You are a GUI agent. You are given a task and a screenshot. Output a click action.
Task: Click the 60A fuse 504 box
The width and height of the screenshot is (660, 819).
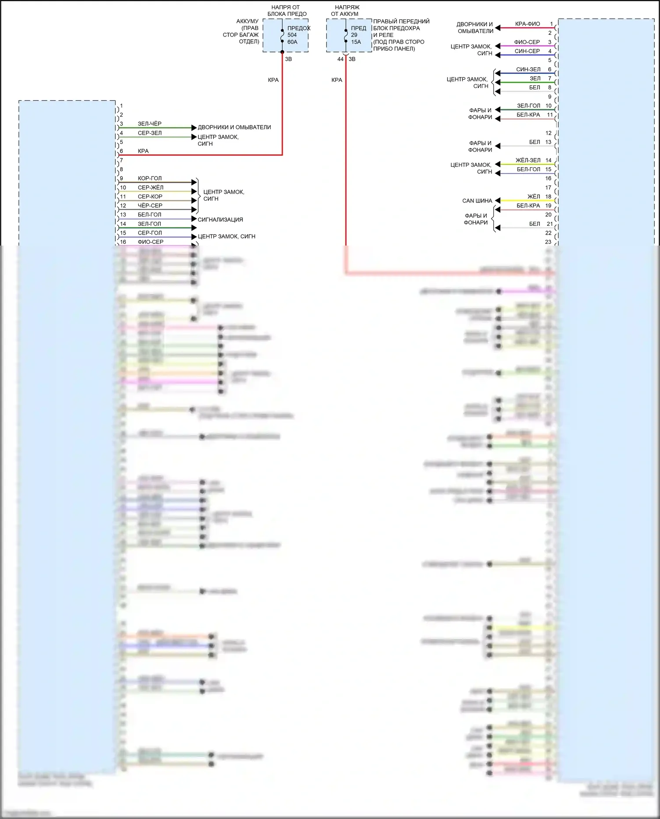(x=286, y=35)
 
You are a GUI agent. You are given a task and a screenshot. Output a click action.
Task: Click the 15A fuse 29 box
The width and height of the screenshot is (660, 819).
(x=349, y=35)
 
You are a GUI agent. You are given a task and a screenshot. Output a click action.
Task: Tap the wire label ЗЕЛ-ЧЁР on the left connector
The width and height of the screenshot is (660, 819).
(x=150, y=124)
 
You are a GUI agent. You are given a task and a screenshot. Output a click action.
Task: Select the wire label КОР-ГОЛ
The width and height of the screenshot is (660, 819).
(x=150, y=178)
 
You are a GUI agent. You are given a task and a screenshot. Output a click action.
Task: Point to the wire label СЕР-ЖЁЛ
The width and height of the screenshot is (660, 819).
(x=150, y=187)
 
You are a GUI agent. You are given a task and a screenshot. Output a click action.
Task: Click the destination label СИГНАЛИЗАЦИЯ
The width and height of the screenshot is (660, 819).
(x=220, y=220)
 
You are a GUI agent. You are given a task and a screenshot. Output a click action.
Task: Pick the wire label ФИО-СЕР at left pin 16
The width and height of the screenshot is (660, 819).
(x=150, y=242)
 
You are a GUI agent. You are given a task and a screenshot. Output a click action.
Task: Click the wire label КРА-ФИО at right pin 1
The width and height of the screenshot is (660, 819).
(x=527, y=24)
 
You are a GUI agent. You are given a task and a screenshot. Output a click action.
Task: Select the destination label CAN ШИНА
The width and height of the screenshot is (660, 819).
(x=477, y=201)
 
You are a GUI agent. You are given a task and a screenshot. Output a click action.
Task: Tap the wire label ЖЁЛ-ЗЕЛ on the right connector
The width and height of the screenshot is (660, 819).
(x=528, y=160)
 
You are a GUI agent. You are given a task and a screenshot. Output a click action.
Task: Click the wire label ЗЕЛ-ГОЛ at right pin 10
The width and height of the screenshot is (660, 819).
(x=528, y=106)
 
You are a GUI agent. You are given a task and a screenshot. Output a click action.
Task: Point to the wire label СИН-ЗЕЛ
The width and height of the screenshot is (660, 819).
(x=528, y=70)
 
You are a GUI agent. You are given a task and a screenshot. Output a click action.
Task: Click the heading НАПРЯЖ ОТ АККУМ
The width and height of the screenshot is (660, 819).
(x=347, y=11)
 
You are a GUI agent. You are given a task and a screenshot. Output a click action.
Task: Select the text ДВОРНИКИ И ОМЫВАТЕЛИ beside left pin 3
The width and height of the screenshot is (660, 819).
(x=234, y=127)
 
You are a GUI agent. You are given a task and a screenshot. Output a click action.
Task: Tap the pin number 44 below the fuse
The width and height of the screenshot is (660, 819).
(x=340, y=59)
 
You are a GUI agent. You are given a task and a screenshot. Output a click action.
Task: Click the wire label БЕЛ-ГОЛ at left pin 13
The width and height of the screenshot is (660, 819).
(x=150, y=215)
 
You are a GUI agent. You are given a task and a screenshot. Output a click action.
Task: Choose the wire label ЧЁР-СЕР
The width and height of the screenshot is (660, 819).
(x=150, y=206)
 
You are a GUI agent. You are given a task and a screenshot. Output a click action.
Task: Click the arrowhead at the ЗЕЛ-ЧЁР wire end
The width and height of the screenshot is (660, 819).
(x=194, y=128)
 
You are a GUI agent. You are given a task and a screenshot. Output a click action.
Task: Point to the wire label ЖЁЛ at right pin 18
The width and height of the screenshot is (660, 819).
(x=533, y=197)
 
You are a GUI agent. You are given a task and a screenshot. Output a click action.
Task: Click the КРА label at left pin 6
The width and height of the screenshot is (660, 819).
(x=143, y=151)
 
